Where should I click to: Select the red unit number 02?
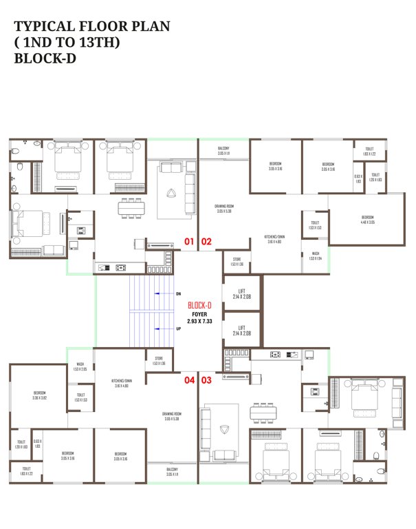206,242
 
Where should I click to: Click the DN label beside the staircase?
178,294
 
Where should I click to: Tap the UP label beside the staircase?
178,329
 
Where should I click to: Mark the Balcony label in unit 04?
172,473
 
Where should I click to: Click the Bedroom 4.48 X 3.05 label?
368,220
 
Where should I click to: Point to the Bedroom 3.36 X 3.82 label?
39,395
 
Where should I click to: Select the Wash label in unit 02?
315,256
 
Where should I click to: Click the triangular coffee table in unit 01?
171,193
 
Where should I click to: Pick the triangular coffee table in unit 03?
222,429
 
